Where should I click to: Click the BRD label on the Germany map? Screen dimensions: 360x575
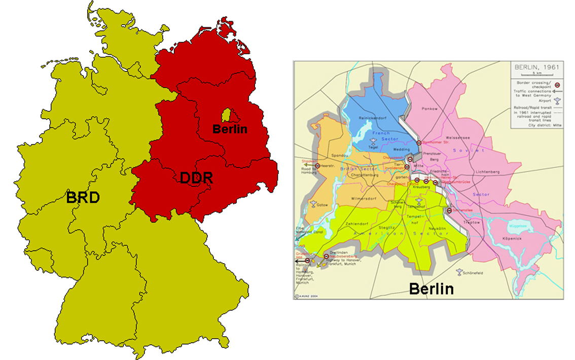[83, 197]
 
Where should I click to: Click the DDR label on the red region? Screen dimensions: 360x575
[196, 178]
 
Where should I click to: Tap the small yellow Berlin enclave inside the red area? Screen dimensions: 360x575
[227, 115]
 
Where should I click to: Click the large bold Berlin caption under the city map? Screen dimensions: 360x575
[431, 289]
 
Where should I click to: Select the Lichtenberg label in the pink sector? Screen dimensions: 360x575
[488, 172]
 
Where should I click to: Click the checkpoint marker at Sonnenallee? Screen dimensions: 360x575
[449, 210]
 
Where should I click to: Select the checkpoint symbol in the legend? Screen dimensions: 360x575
[555, 85]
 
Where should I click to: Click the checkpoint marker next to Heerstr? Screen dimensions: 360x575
[317, 166]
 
